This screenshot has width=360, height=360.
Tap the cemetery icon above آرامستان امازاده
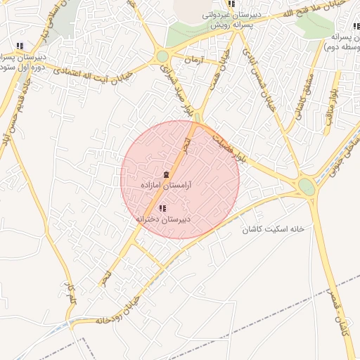167,174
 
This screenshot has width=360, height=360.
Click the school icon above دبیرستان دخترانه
163,208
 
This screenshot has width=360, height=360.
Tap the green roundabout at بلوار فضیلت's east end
307,186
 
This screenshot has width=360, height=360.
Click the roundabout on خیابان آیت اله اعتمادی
162,56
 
